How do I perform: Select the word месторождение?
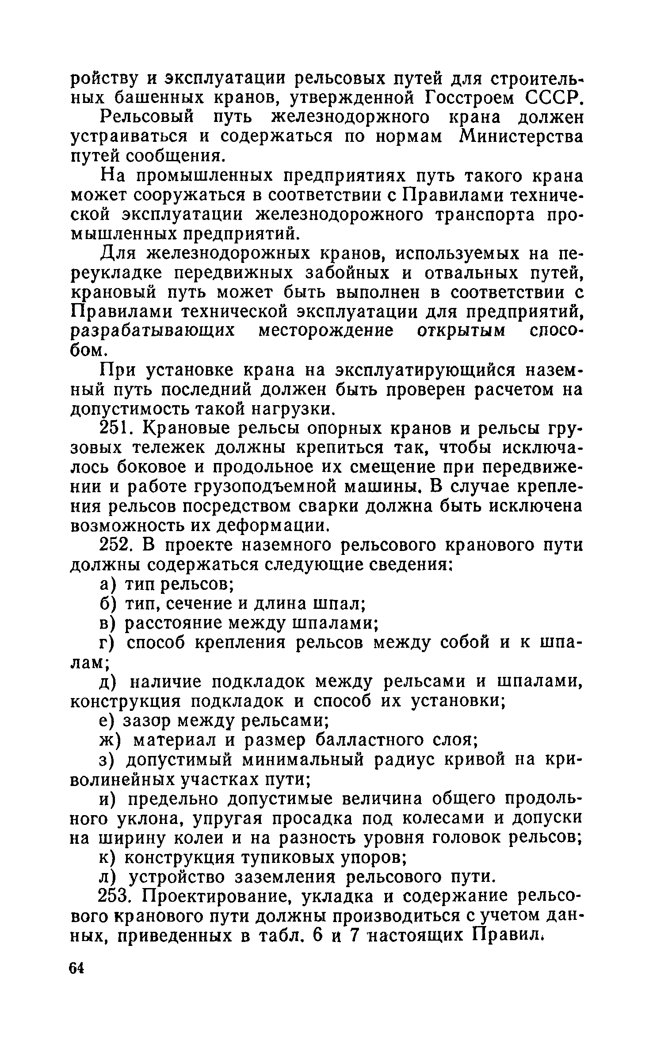pos(325,331)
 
